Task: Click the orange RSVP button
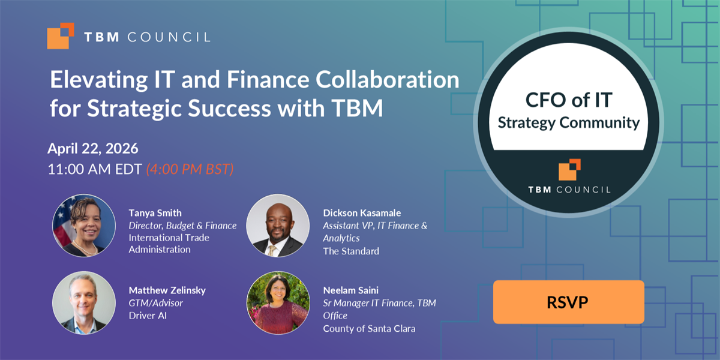coord(569,302)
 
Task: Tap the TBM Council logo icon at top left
coord(61,35)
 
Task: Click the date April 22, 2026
coord(93,149)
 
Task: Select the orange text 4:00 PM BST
coord(190,169)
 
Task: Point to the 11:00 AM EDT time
coord(95,169)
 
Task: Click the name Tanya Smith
coord(155,213)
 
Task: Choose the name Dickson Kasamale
coord(362,213)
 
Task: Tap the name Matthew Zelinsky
coord(167,290)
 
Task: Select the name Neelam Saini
coord(350,290)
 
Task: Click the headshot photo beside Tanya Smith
coord(84,226)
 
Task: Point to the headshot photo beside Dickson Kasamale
coord(278,226)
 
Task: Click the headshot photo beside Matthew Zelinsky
coord(84,303)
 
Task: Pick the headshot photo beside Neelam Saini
coord(278,303)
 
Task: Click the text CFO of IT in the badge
coord(569,100)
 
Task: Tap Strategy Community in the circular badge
coord(569,123)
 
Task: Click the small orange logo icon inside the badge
coord(569,169)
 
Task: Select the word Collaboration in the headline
coord(388,79)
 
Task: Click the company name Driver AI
coord(148,316)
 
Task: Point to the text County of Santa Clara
coord(369,329)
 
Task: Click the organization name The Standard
coord(351,251)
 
